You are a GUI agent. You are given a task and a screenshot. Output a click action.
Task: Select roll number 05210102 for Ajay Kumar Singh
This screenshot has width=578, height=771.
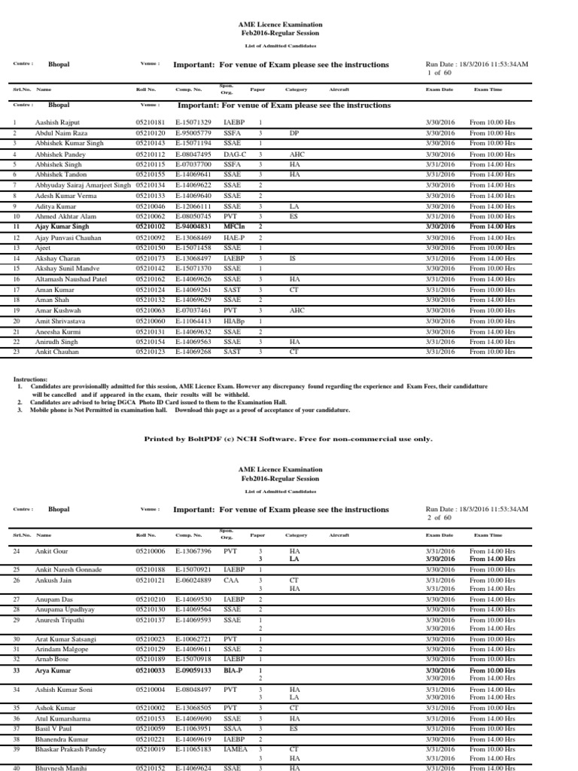[151, 226]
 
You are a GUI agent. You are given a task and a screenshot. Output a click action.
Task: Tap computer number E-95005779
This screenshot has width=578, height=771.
[193, 132]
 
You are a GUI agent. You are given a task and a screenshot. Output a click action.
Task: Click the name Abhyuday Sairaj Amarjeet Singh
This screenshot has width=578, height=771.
[83, 184]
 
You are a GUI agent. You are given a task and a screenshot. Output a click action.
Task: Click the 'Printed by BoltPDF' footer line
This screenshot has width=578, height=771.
[288, 438]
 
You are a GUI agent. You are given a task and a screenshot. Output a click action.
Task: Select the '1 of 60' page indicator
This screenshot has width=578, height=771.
[438, 73]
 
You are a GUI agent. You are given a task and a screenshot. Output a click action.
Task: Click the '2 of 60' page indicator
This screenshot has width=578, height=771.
[438, 517]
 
